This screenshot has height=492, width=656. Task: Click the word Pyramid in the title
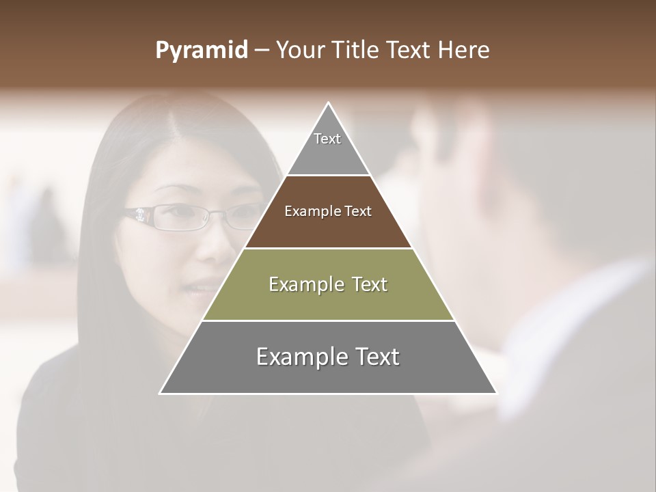pos(201,51)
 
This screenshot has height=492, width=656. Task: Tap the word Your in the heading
pos(300,50)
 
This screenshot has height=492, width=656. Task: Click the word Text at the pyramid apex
pos(327,139)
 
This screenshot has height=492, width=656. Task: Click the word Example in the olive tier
pos(298,284)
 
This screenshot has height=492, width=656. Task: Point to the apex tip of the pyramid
pos(329,103)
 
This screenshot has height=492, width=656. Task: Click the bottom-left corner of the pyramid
pos(161,393)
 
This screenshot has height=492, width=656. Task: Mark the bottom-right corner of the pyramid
pos(496,393)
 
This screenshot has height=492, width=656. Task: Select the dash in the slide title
pos(261,51)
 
